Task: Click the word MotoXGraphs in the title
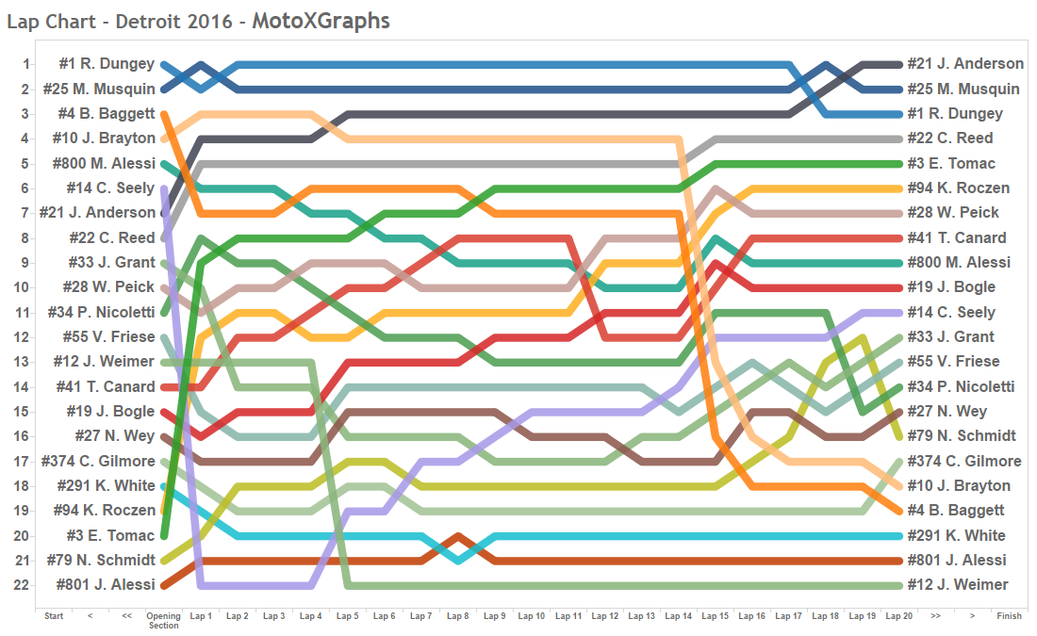(x=321, y=20)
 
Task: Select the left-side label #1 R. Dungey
(x=107, y=64)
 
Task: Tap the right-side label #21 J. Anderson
(x=965, y=64)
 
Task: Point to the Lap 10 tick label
(x=532, y=616)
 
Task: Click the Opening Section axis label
(x=163, y=620)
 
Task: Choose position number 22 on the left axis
(x=22, y=585)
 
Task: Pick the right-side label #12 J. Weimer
(x=958, y=585)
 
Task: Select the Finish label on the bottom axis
(x=1009, y=616)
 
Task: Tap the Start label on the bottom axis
(x=54, y=616)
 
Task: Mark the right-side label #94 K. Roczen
(x=959, y=188)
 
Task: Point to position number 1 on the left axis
(x=26, y=64)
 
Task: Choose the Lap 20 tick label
(x=899, y=616)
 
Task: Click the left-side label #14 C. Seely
(x=110, y=188)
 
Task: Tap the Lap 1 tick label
(x=201, y=616)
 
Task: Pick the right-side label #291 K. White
(x=957, y=535)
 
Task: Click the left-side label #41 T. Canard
(x=106, y=386)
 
